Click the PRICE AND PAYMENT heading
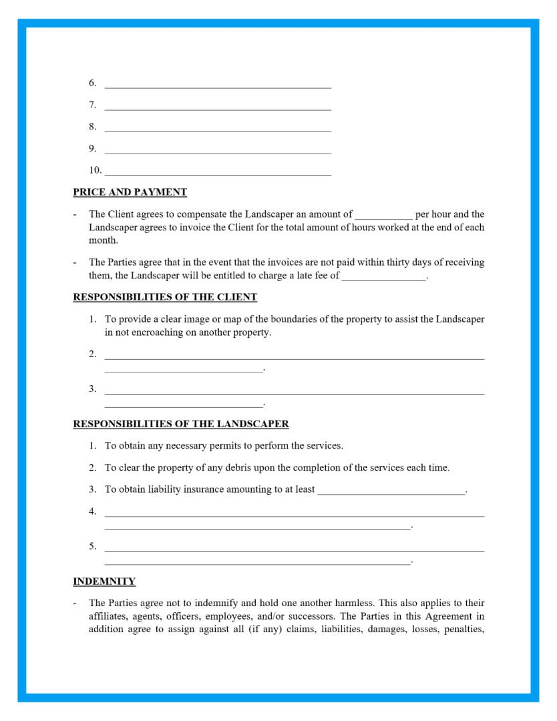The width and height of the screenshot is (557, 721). coord(130,192)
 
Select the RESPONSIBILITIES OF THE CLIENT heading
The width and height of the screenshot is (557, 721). coord(165,297)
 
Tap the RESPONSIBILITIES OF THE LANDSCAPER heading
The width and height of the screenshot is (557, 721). coord(181,424)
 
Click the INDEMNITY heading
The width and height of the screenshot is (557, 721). coord(104,581)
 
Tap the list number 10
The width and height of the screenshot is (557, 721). coord(95,170)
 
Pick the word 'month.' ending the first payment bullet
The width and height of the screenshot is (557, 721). coord(103,240)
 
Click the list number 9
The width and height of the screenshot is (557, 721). coord(93,148)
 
